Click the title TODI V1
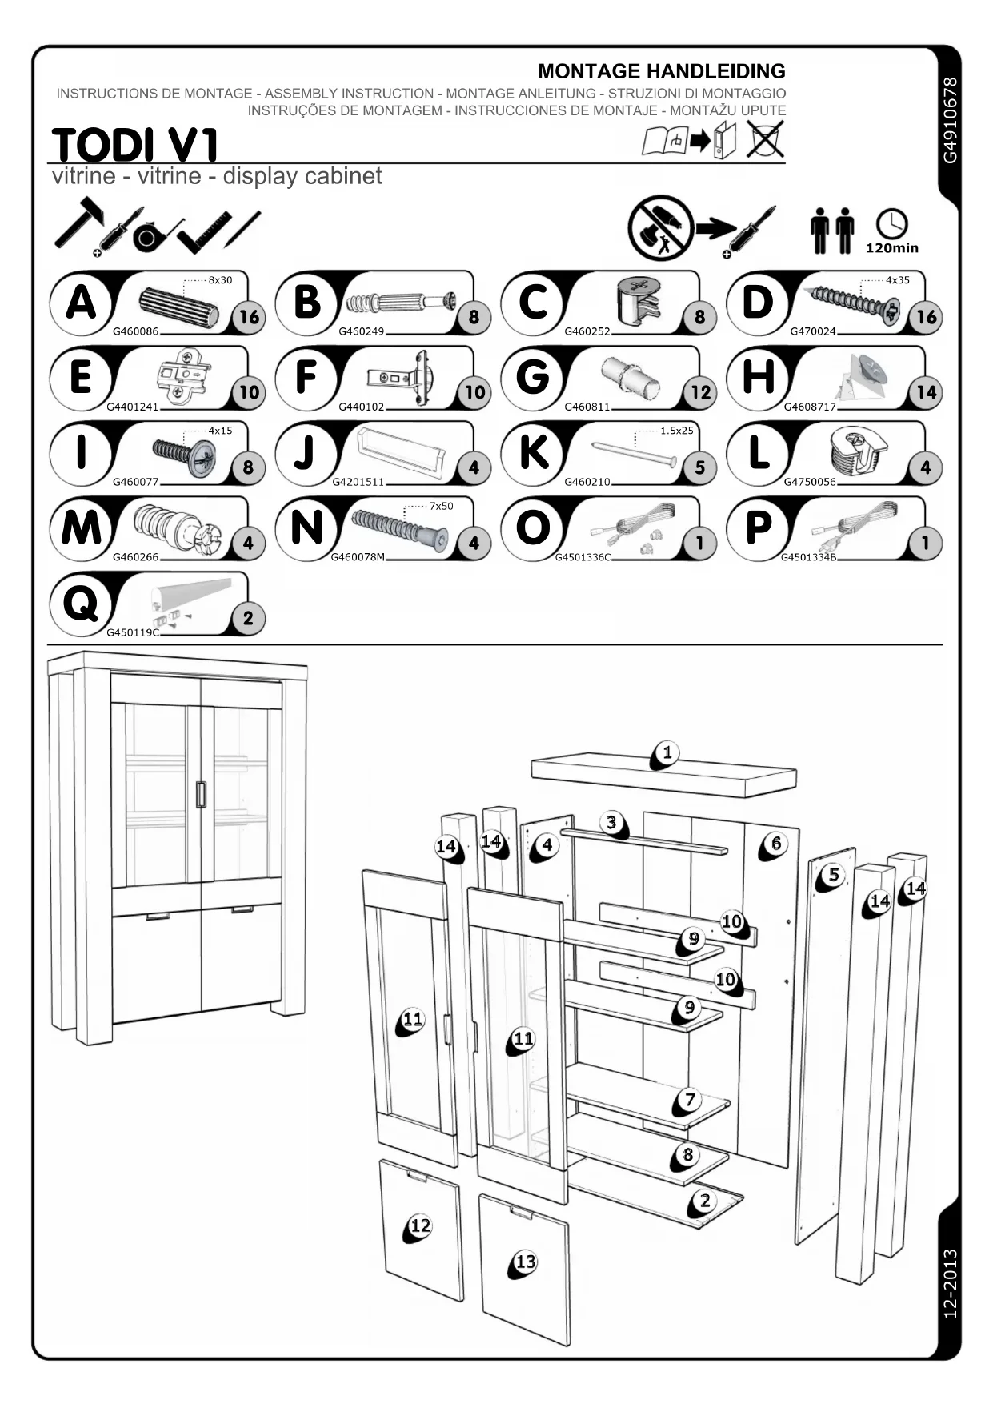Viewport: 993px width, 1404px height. [x=134, y=146]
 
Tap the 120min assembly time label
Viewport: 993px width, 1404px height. [x=891, y=248]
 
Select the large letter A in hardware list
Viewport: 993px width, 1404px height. [x=81, y=303]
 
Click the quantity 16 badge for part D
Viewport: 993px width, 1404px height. [x=926, y=317]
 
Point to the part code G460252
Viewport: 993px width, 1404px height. [x=587, y=331]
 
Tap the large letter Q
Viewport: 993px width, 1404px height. [x=80, y=604]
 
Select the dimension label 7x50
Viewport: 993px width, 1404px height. [x=441, y=506]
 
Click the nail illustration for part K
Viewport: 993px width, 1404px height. [x=634, y=453]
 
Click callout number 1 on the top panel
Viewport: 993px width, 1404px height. [x=667, y=752]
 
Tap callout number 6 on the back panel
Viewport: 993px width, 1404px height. [x=775, y=843]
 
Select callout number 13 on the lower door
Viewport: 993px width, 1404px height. [x=525, y=1262]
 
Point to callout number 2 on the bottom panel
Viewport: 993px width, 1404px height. [x=704, y=1200]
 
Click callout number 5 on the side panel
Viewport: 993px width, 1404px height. [x=833, y=875]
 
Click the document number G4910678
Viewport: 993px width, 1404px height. [x=949, y=120]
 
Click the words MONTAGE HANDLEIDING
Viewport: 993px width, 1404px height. [x=661, y=71]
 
